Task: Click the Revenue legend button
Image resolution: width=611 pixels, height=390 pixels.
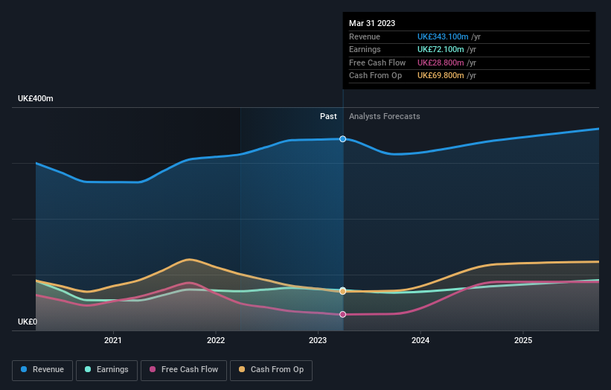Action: [43, 369]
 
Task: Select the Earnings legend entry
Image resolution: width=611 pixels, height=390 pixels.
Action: [107, 369]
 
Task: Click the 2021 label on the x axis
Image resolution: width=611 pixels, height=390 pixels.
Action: [113, 341]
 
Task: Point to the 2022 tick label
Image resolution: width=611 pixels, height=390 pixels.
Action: [215, 341]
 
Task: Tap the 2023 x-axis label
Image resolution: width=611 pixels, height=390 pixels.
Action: [318, 341]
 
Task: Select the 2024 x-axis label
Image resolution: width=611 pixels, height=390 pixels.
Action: [420, 341]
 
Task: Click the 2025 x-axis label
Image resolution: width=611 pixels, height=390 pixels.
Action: [523, 341]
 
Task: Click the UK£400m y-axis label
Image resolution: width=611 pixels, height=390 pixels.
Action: [36, 99]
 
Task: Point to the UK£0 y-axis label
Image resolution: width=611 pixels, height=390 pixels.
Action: [28, 322]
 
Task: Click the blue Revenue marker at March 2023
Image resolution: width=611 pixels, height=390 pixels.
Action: [343, 139]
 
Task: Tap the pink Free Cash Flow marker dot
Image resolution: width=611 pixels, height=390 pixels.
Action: [343, 314]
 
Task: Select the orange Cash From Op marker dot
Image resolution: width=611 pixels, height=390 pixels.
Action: [343, 291]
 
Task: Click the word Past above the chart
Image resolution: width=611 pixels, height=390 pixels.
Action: [328, 116]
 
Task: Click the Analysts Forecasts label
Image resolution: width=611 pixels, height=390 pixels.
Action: [384, 116]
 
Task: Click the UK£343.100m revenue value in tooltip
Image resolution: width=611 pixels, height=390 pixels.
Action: [443, 36]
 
